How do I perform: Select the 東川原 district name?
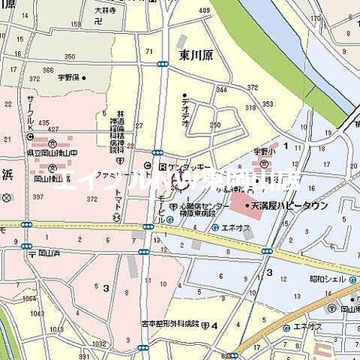[196, 55]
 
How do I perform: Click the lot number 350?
[69, 56]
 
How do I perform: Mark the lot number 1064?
[28, 298]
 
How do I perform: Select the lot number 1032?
[99, 343]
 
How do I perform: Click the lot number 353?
[267, 104]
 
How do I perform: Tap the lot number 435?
[43, 122]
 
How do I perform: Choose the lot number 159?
[75, 24]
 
